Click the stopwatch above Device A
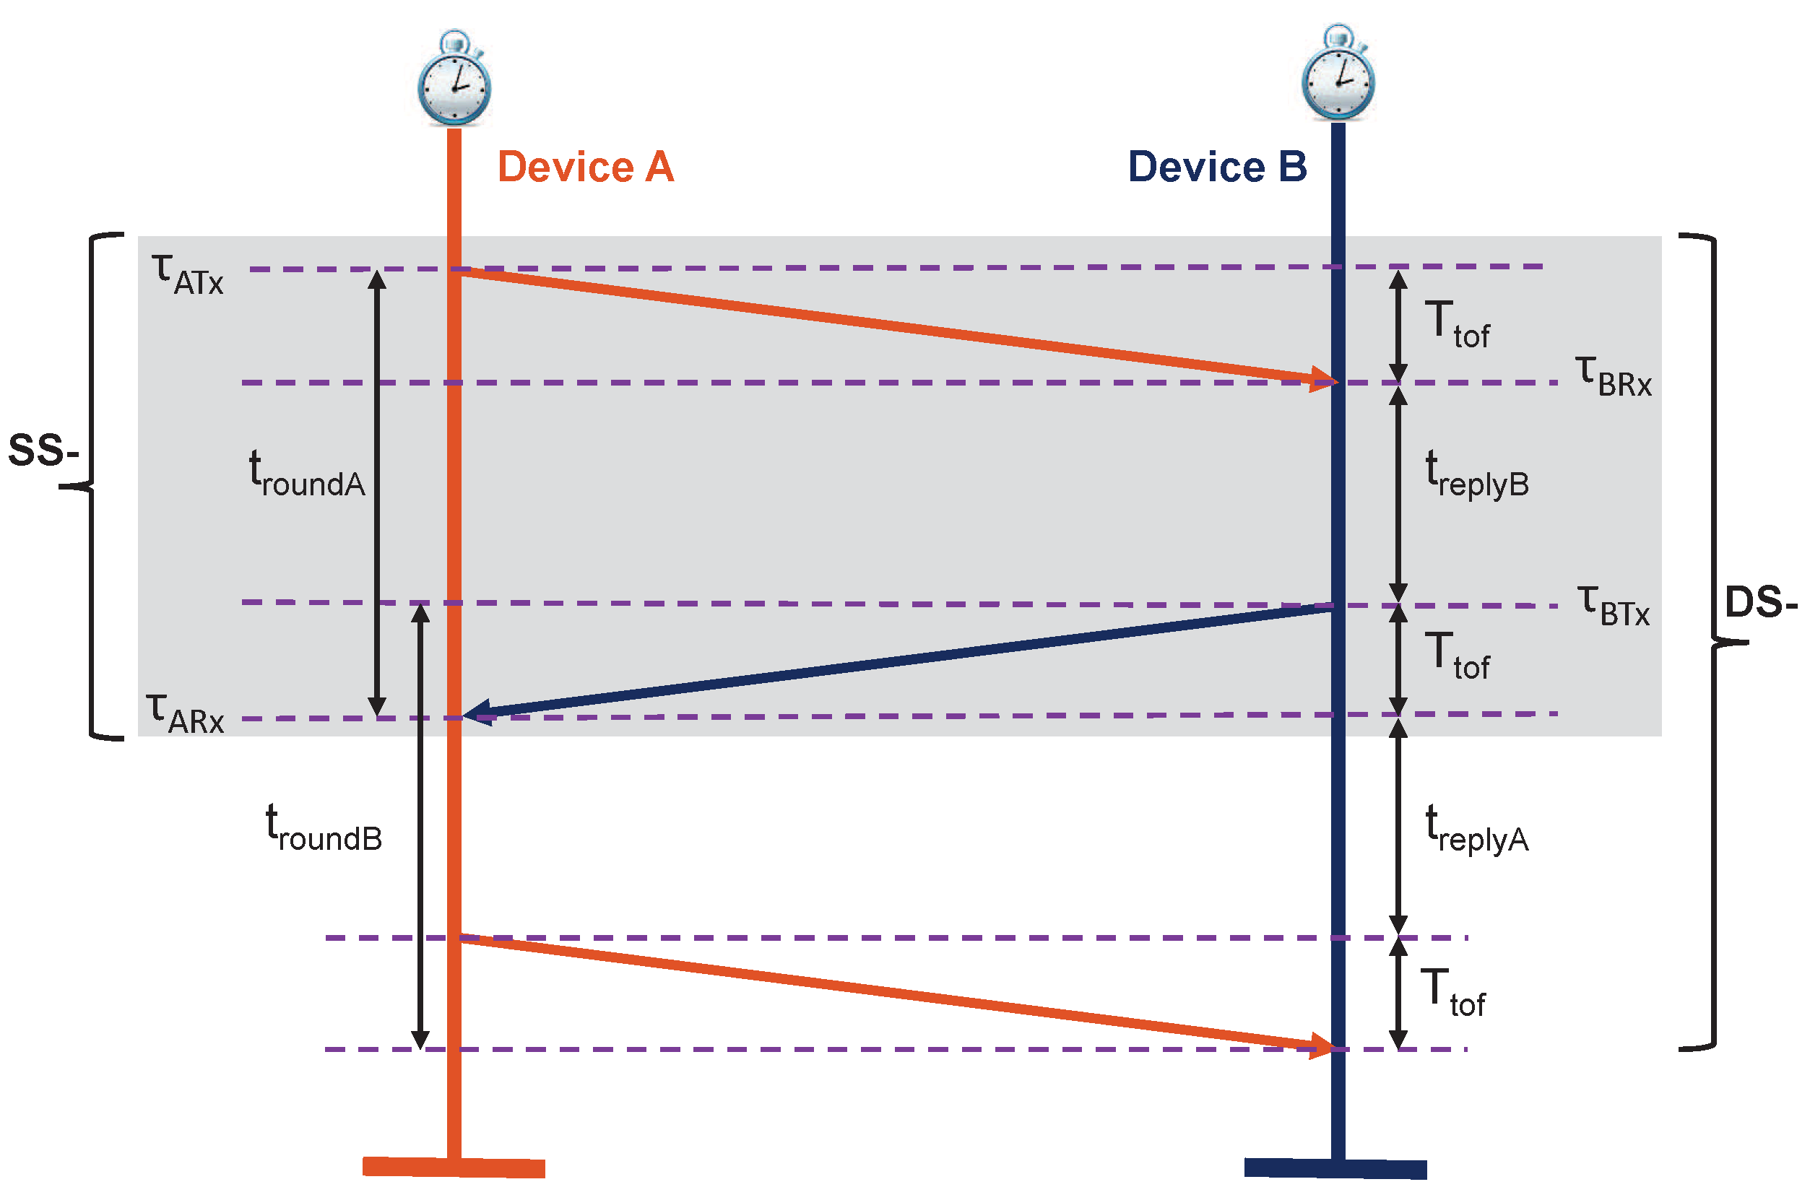pos(454,79)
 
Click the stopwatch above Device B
pos(1338,74)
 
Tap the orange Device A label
pos(586,167)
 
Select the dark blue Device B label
pos(1217,167)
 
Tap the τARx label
pos(185,714)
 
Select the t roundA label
pos(307,474)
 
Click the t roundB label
pos(323,829)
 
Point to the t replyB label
pos(1476,474)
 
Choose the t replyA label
pos(1476,830)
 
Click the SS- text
pos(43,450)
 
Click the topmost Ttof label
pos(1456,325)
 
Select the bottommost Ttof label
pos(1452,994)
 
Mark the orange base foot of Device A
pos(454,1167)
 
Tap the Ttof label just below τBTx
pos(1456,656)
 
